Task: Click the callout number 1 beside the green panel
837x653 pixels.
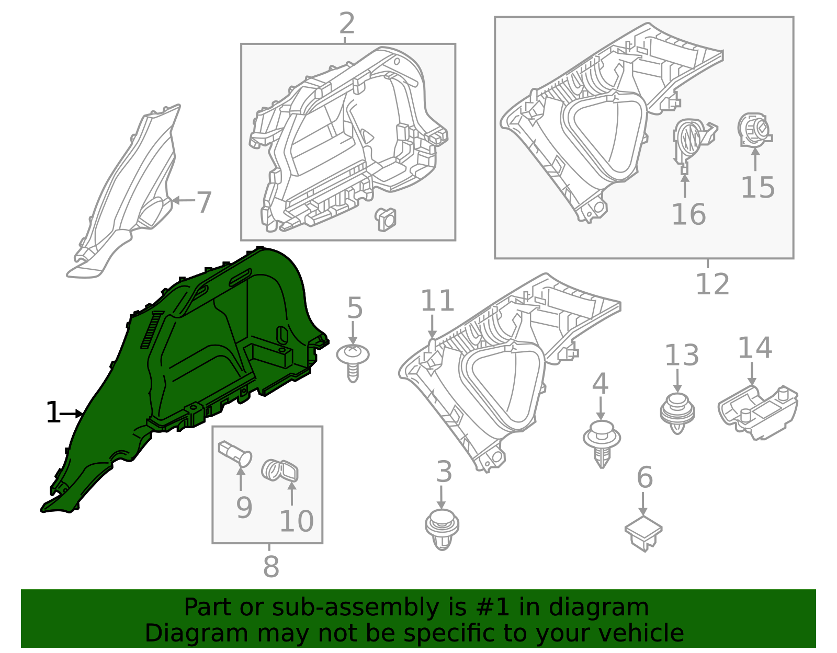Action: tap(53, 413)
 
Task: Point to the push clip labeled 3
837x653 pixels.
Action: tap(442, 530)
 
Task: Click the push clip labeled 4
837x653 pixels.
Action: tap(602, 444)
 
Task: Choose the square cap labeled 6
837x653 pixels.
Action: tap(643, 533)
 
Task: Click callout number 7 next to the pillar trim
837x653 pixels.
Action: tap(204, 202)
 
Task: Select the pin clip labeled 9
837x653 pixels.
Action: tap(235, 454)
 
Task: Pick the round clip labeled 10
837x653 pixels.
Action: tap(280, 471)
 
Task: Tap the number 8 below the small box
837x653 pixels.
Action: tap(271, 566)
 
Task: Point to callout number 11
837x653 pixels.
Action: tap(437, 301)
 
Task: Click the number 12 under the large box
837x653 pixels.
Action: tap(712, 284)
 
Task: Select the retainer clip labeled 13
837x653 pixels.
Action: tap(677, 413)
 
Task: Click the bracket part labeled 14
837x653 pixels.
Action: tap(757, 413)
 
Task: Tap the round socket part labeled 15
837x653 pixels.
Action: tap(754, 130)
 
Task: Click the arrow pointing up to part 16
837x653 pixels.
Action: tap(685, 186)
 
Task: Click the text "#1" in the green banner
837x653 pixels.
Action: tap(492, 608)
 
